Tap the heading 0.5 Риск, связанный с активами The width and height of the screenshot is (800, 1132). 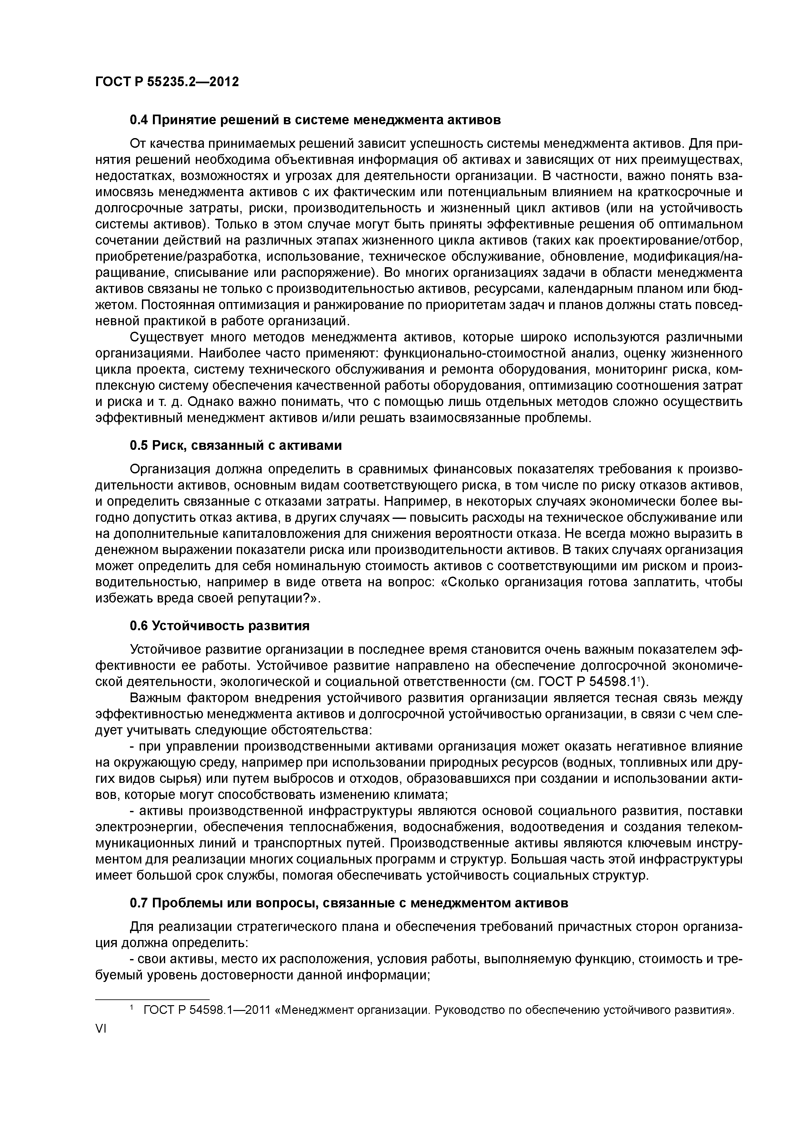[235, 445]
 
